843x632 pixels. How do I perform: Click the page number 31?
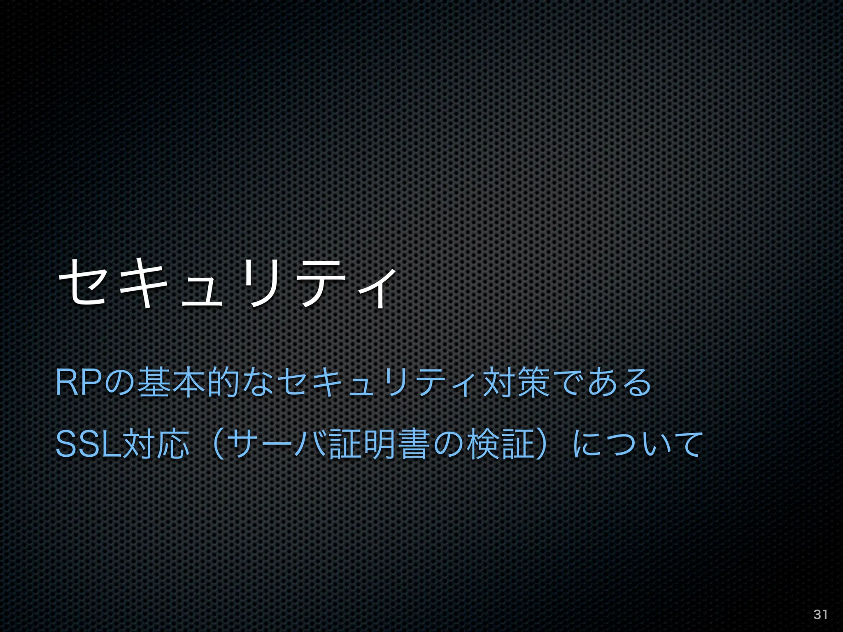click(820, 614)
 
